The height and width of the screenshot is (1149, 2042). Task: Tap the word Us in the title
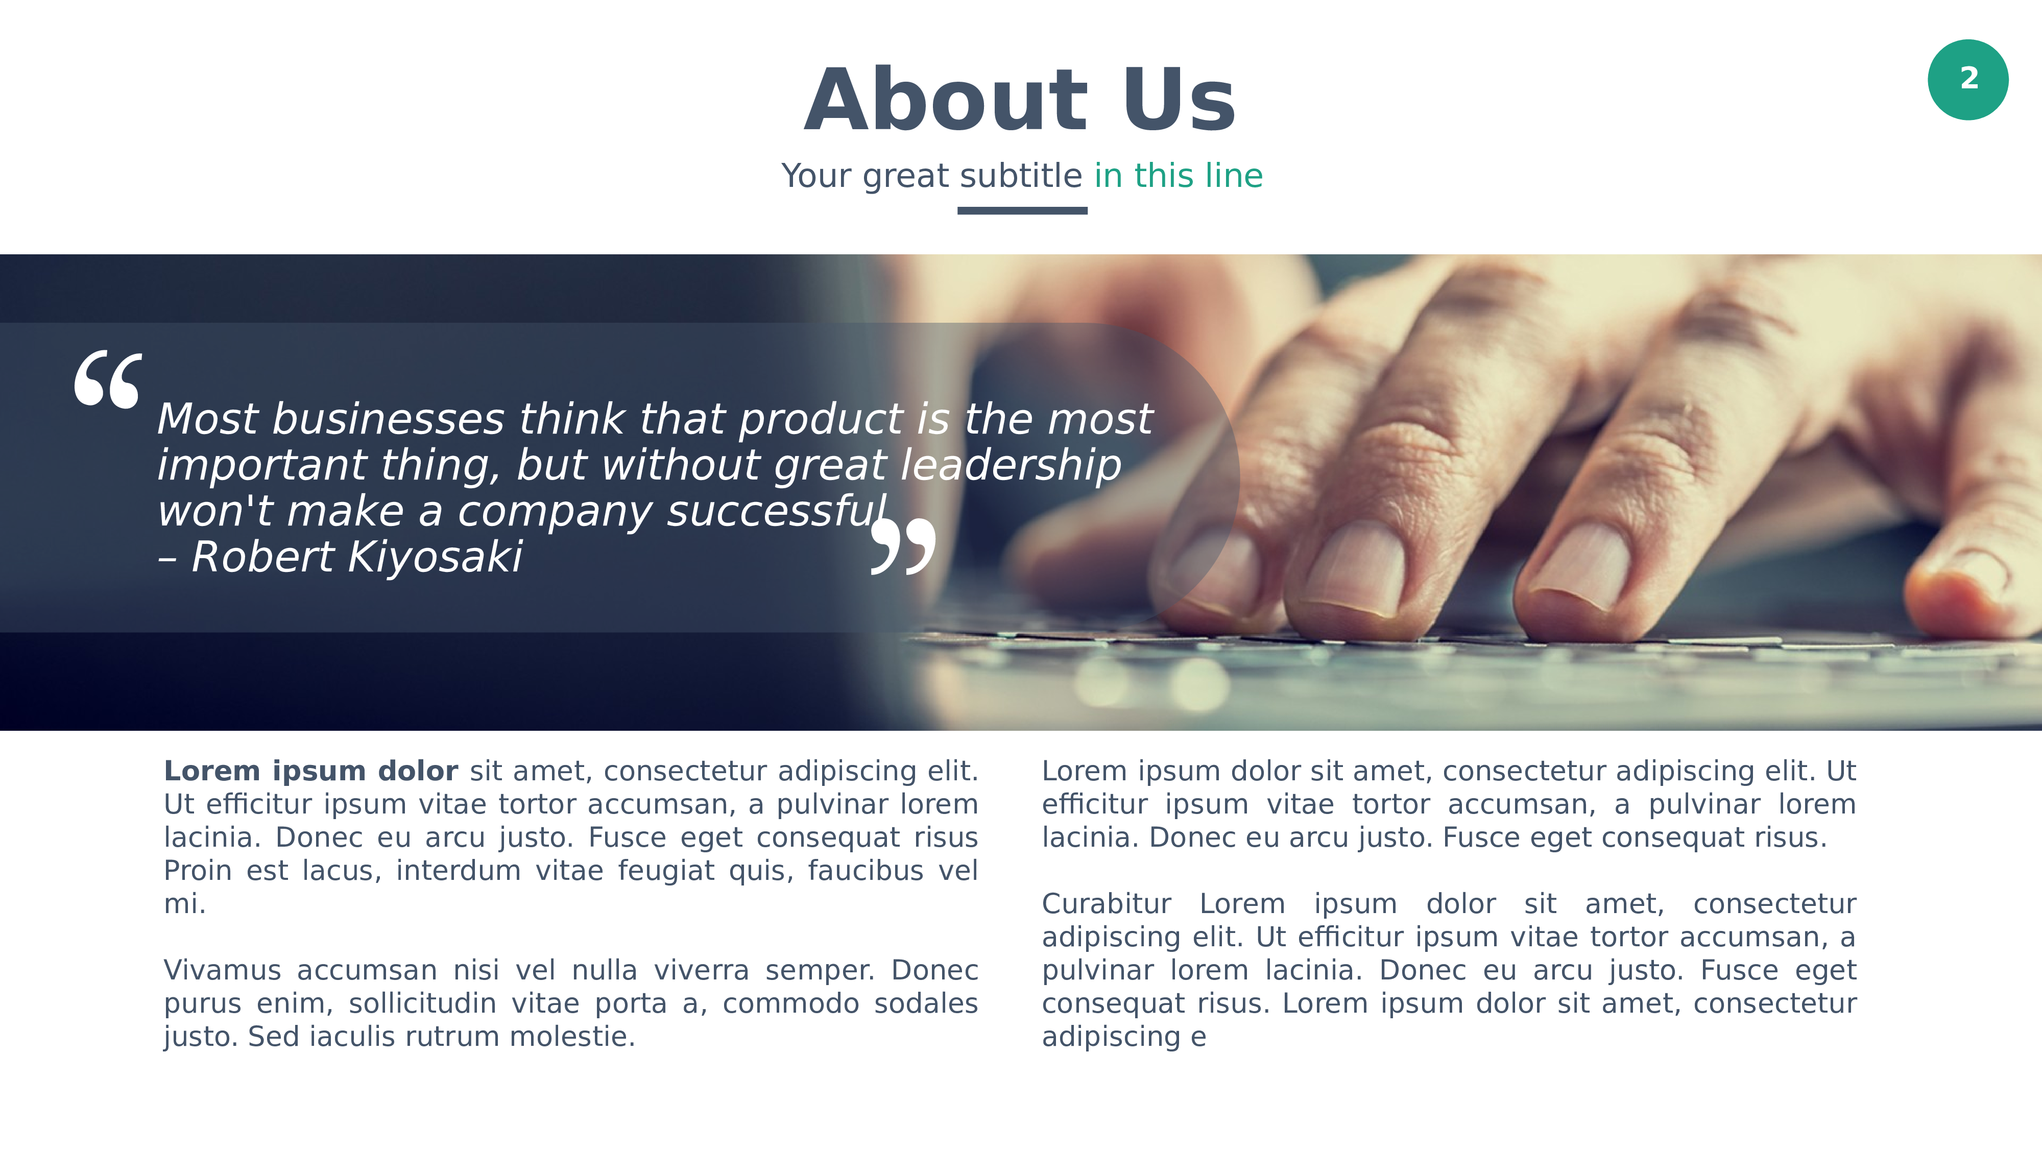1179,100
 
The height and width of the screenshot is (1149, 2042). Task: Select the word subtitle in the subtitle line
1021,175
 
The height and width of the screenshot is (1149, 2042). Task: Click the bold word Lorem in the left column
211,771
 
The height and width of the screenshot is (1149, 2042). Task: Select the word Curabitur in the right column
1106,903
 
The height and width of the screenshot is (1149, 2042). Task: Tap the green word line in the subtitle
1233,175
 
